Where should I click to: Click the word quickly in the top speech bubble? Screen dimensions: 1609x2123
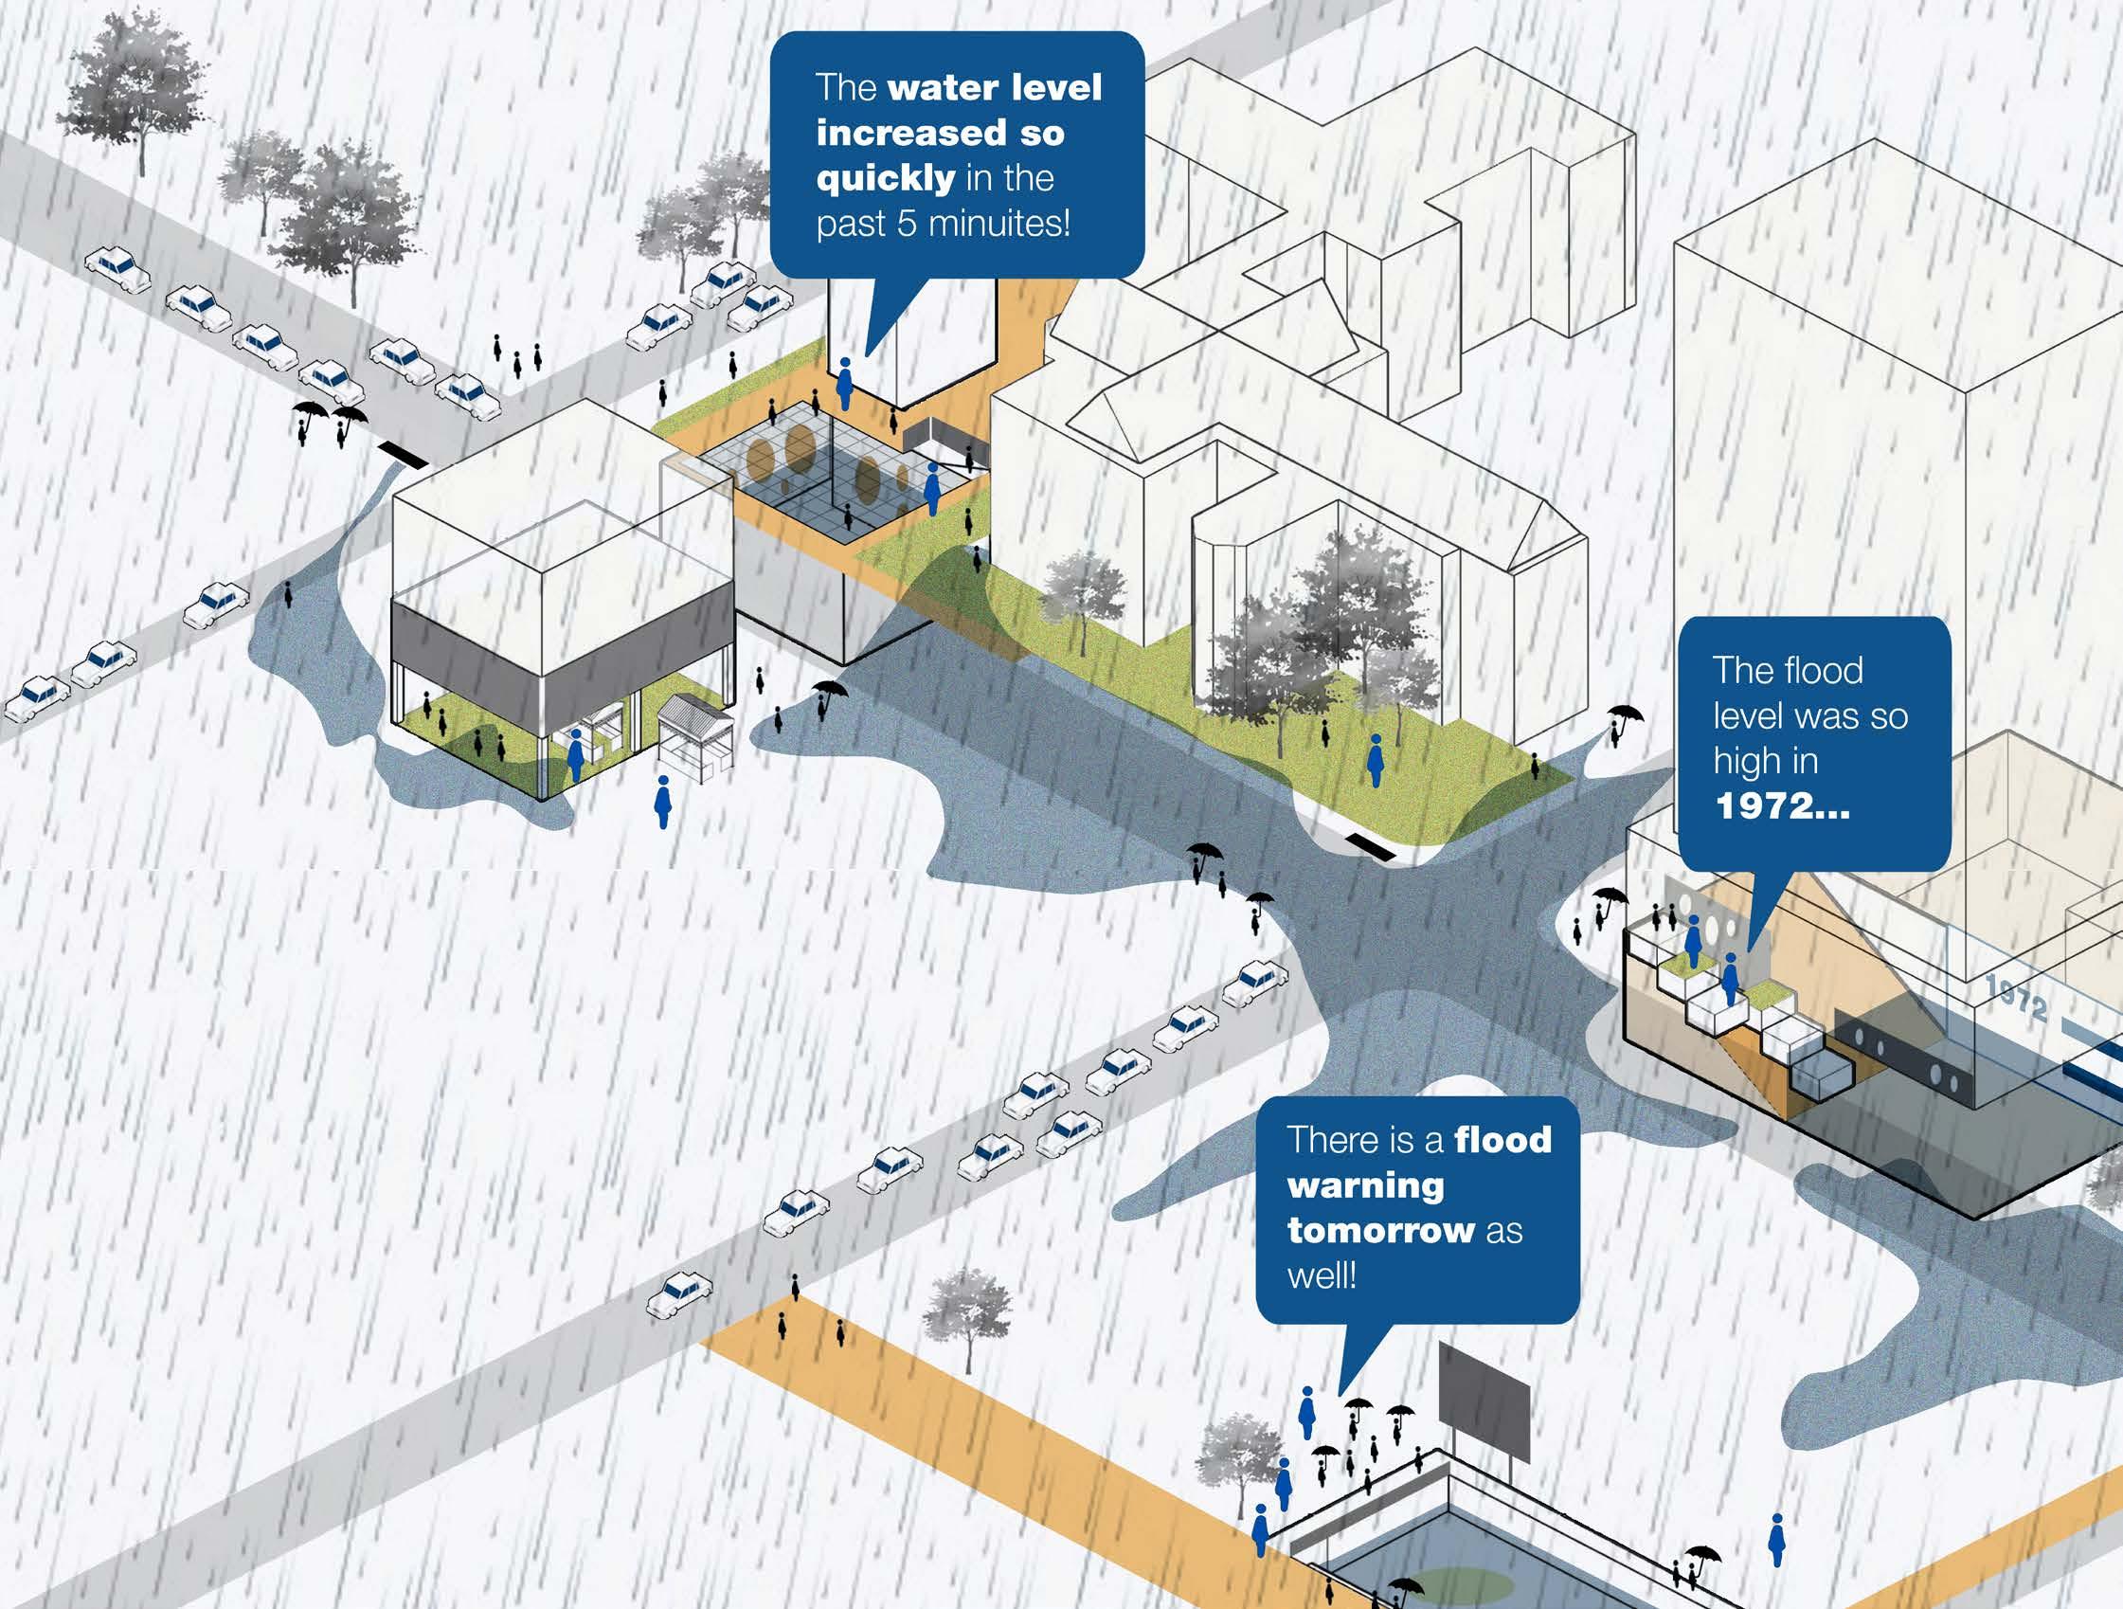[885, 178]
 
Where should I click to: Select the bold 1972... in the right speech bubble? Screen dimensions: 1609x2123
[1781, 804]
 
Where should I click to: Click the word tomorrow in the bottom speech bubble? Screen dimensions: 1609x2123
[1380, 1230]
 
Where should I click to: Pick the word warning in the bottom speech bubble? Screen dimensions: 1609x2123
[1365, 1185]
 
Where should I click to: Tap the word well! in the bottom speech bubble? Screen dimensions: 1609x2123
[1322, 1275]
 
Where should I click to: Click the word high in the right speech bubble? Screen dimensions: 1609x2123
[1765, 760]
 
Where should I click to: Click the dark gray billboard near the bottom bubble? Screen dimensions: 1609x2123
[1483, 1400]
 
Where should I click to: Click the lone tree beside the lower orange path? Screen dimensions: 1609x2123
[965, 1311]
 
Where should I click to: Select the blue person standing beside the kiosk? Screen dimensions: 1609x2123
[662, 803]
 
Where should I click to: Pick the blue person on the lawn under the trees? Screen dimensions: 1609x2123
[1376, 760]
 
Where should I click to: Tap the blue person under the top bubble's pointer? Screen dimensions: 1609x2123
[845, 384]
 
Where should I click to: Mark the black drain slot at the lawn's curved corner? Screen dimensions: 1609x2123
[1370, 845]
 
